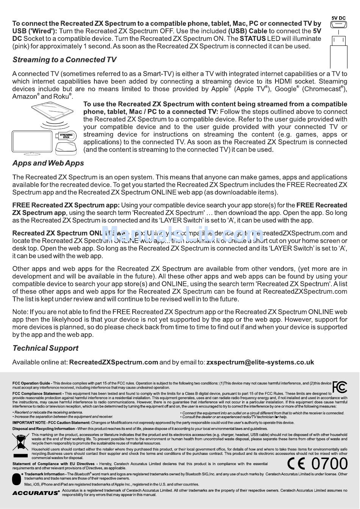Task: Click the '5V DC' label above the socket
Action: click(x=338, y=18)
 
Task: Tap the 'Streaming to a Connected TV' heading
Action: click(x=64, y=60)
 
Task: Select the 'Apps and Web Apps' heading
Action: click(x=48, y=163)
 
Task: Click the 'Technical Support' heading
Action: click(x=45, y=348)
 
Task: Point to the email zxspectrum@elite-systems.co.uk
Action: click(x=260, y=362)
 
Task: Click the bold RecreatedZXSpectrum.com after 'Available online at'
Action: click(x=114, y=362)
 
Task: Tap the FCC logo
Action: click(x=340, y=387)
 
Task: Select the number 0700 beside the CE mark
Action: click(x=329, y=464)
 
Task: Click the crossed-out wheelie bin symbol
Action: click(x=20, y=442)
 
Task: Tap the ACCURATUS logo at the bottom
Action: click(x=36, y=493)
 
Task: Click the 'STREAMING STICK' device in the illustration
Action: click(x=66, y=136)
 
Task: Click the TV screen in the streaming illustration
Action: click(x=32, y=142)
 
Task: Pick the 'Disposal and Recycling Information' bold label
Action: click(x=44, y=429)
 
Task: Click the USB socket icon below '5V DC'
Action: click(x=338, y=25)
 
